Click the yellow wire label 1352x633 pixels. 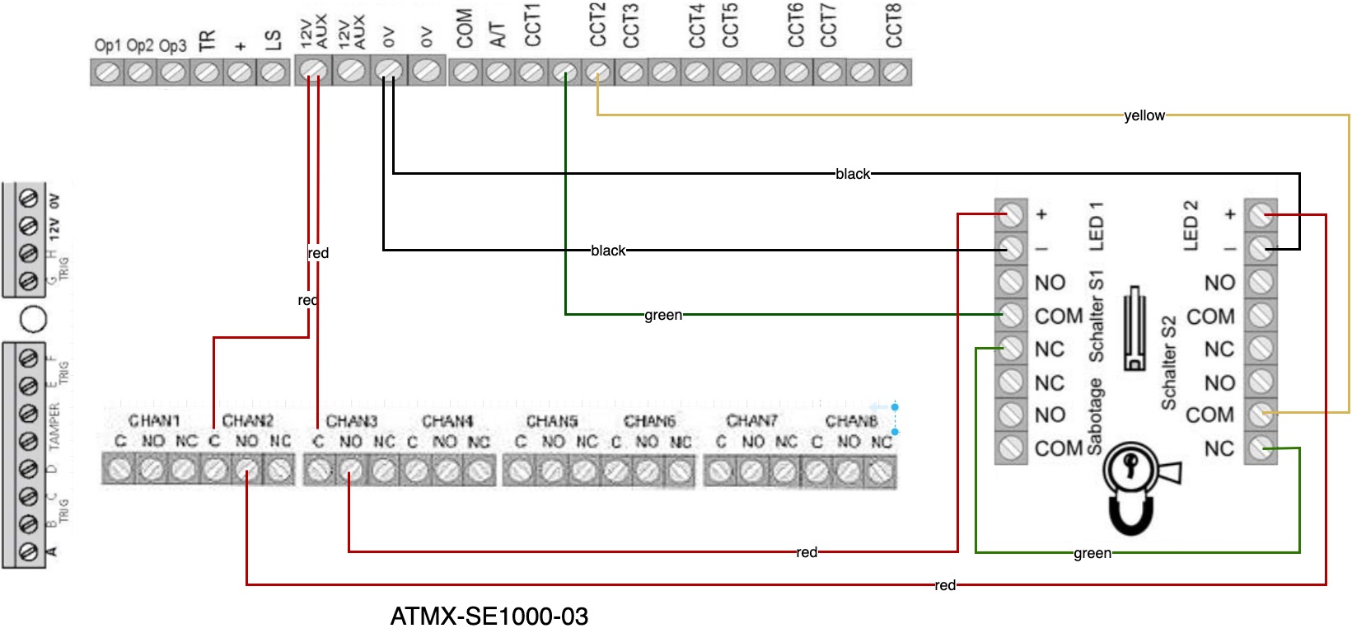tap(1144, 116)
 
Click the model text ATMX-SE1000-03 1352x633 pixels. tap(489, 617)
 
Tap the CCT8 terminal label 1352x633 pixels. tap(894, 26)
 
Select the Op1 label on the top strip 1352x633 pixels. tap(107, 45)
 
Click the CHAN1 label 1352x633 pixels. tap(154, 421)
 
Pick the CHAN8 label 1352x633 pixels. tap(851, 421)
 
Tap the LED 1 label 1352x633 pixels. tap(1097, 226)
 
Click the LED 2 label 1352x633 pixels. tap(1191, 226)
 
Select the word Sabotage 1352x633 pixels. tap(1095, 417)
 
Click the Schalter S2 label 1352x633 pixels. tap(1168, 363)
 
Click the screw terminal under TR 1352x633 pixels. tap(205, 73)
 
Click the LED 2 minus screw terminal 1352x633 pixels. tap(1261, 248)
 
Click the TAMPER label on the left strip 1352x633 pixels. tap(54, 427)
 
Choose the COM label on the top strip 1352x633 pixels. tap(465, 29)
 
